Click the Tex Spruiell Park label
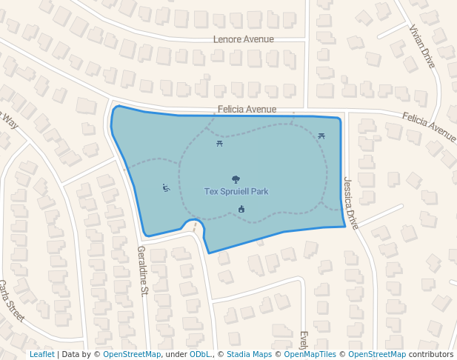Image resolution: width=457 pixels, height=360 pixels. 236,191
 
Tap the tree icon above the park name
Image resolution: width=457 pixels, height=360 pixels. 236,179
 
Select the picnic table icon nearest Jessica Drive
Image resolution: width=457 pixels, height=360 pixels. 321,136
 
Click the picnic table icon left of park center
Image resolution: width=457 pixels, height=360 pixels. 220,143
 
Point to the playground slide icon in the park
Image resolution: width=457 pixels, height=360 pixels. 166,187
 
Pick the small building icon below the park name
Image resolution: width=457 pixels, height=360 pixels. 241,209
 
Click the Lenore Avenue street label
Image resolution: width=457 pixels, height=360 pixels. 243,39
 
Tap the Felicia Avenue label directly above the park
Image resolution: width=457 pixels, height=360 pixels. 247,109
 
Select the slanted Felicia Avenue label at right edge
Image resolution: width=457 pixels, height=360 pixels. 430,127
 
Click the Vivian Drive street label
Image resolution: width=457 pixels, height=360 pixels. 422,46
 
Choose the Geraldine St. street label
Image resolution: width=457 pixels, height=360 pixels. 143,270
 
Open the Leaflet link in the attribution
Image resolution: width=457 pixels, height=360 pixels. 41,354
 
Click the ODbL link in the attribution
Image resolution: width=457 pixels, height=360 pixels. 199,354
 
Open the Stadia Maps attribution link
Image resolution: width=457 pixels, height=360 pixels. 249,354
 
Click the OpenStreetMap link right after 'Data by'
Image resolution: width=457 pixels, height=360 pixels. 132,354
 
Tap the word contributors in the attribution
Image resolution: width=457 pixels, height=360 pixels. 431,354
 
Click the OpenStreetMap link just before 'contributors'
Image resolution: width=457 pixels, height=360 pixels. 377,354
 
